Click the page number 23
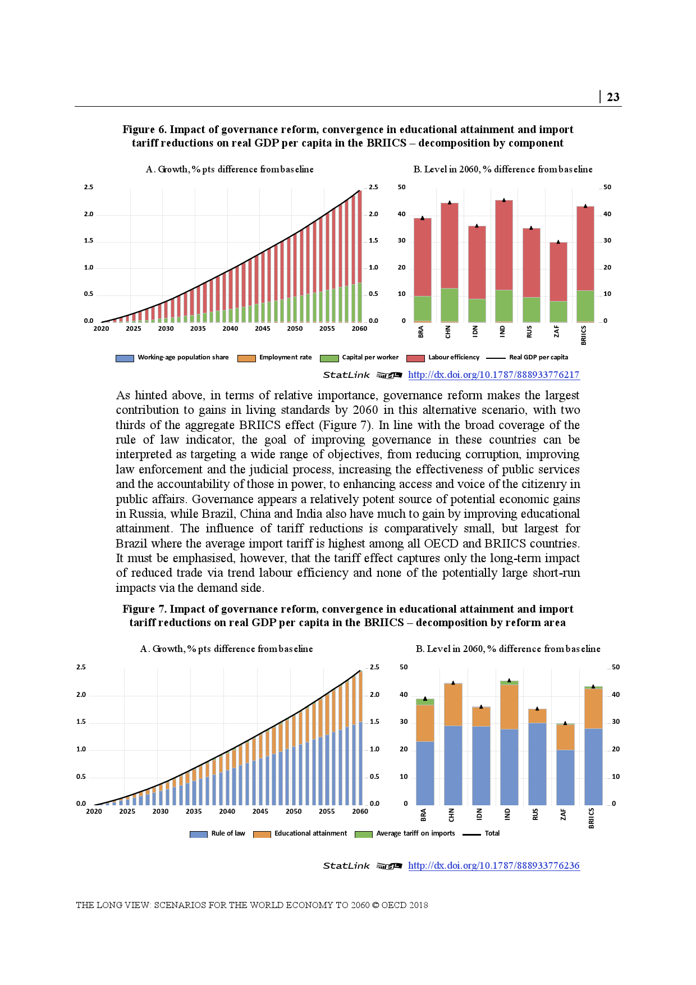(x=613, y=97)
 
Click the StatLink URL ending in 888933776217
(x=493, y=375)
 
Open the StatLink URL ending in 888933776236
(x=493, y=865)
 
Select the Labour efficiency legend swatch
(x=415, y=358)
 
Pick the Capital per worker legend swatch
(x=329, y=358)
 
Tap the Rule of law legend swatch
(x=199, y=834)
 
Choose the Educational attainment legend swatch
(x=262, y=834)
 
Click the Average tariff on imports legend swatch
(x=364, y=834)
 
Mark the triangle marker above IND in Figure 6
(x=504, y=200)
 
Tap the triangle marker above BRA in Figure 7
(x=425, y=699)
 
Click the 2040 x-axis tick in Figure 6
(x=230, y=329)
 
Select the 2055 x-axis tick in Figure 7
(x=327, y=811)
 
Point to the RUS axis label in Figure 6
(x=529, y=332)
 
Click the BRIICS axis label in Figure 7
(x=591, y=818)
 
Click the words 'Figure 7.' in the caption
(x=144, y=609)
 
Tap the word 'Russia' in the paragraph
(x=146, y=514)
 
